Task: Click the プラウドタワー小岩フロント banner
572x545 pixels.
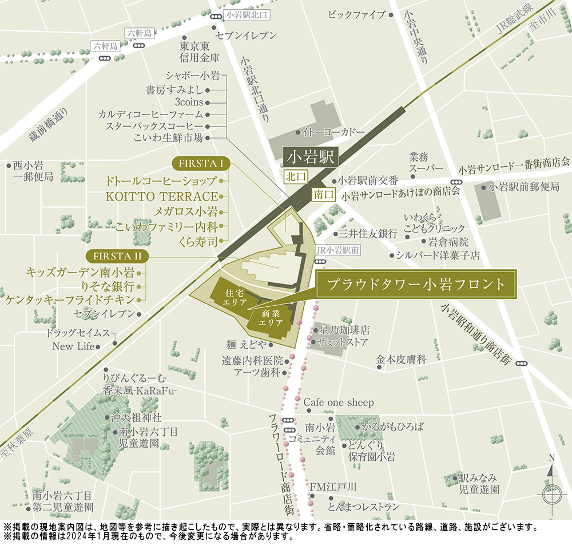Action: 416,284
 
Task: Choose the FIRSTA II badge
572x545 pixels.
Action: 116,255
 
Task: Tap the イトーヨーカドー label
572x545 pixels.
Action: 333,132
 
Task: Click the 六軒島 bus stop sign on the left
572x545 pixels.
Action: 106,46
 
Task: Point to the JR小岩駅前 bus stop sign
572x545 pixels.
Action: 337,250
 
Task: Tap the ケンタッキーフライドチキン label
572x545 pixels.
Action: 70,299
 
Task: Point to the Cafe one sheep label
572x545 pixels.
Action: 339,402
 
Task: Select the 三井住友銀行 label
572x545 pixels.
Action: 368,234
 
